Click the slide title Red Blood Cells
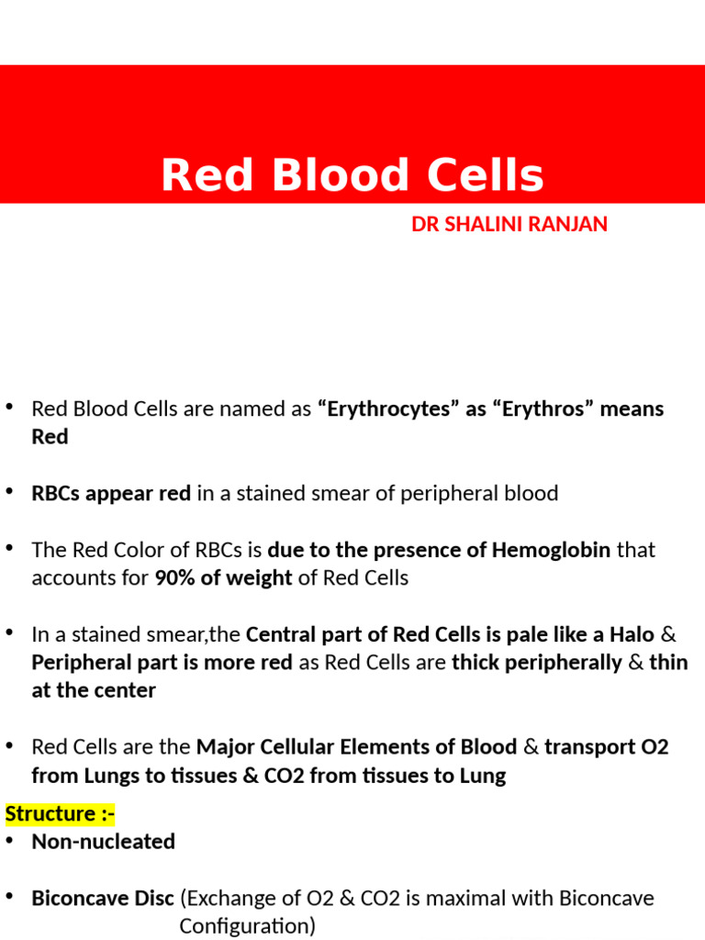352,175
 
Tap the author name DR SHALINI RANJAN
509,224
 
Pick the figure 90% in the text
174,578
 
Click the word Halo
632,634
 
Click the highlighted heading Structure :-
60,813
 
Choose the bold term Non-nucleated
103,841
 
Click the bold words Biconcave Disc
103,898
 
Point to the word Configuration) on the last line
247,926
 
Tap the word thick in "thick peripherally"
476,663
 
